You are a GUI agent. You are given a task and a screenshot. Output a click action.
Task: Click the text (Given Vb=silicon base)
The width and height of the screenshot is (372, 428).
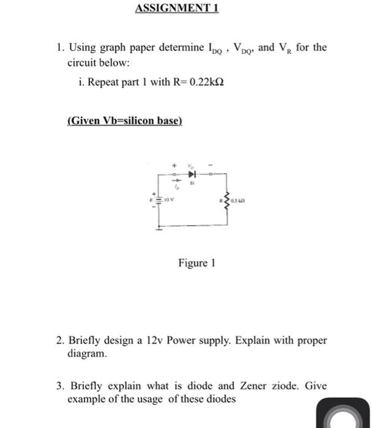[x=124, y=121]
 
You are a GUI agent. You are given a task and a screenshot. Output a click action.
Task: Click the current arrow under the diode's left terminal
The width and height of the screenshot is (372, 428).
[x=174, y=181]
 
